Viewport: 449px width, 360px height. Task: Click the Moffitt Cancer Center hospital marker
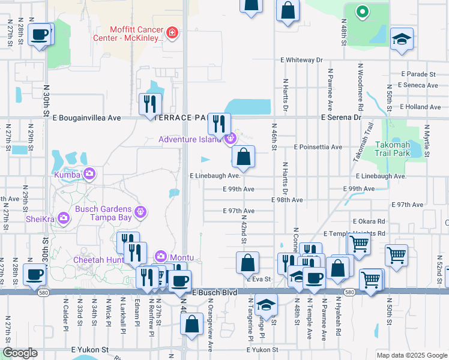(172, 32)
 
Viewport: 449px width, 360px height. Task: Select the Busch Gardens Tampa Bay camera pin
(140, 211)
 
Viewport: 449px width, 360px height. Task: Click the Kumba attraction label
(67, 175)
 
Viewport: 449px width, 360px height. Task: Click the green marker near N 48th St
(362, 11)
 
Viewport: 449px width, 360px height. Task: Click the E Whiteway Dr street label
(301, 61)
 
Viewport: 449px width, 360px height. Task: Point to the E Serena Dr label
(341, 118)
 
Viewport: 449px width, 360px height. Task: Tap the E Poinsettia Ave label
(318, 147)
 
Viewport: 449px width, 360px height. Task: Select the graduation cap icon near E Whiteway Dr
(402, 39)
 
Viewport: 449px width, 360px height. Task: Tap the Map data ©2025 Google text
(411, 355)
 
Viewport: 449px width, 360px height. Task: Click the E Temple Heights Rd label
(354, 233)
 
